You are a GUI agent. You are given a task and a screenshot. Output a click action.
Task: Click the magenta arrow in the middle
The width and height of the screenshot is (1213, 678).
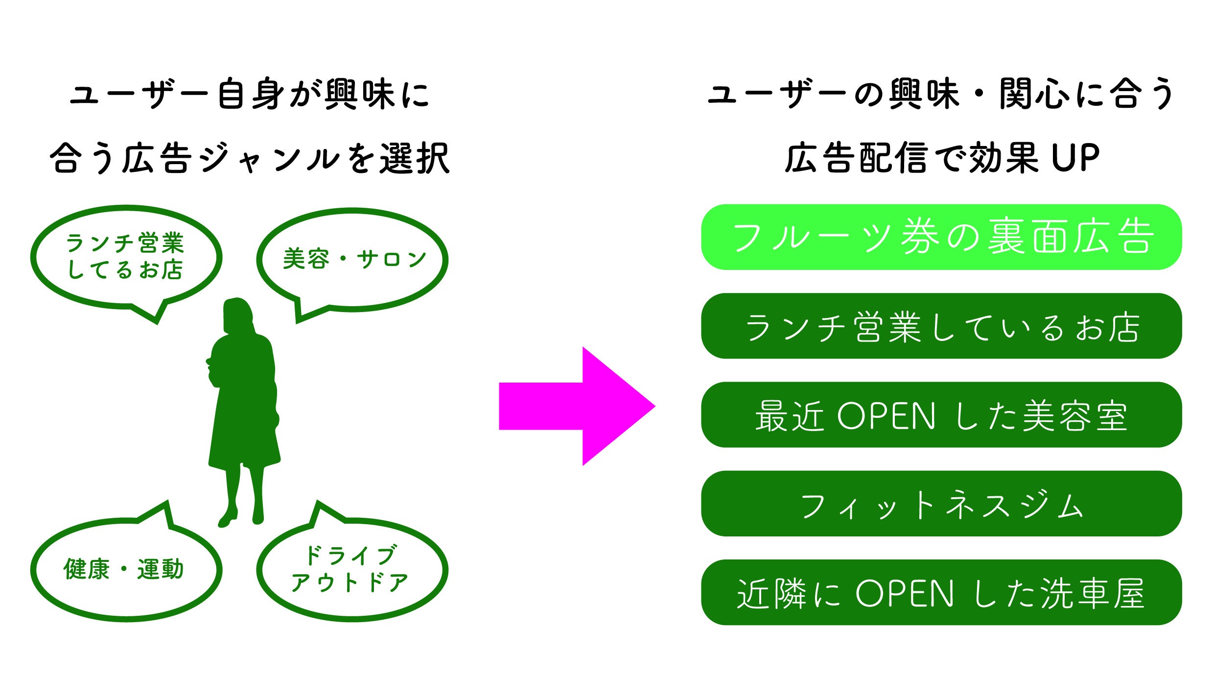578,406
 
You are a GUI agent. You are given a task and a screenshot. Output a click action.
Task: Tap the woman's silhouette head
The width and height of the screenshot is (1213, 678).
237,314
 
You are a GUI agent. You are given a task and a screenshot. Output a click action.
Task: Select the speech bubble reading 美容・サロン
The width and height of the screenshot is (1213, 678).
352,259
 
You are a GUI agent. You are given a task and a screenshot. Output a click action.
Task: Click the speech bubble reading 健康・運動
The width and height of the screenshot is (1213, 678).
125,569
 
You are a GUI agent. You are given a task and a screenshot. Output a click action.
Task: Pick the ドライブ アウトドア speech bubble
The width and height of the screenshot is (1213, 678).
351,569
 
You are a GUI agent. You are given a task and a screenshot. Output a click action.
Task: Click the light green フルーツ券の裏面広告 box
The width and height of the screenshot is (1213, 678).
941,237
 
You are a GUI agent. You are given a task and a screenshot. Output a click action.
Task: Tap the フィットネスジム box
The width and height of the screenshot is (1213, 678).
941,504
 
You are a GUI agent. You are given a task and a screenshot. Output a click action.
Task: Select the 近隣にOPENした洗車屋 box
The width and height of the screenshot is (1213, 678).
941,593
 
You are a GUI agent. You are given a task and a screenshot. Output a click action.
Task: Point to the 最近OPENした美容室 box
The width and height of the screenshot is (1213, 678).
941,415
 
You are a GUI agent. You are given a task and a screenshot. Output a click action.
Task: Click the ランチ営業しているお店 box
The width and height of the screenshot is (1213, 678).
941,326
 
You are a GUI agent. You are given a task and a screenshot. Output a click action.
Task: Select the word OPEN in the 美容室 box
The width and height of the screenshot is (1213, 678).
886,416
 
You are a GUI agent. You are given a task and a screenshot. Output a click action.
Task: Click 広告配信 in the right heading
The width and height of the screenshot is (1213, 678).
857,158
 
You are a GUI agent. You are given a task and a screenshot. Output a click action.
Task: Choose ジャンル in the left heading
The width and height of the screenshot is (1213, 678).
269,158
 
